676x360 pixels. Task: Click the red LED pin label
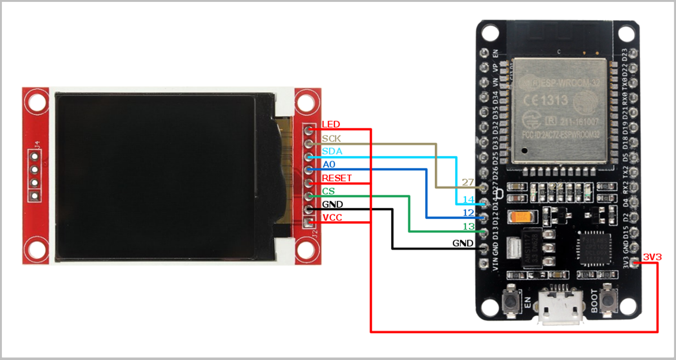(330, 124)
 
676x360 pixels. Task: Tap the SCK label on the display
(332, 139)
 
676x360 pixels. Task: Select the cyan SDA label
(332, 152)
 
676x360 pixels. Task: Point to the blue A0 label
(329, 165)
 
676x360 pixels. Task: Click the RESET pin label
(336, 178)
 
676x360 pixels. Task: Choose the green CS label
(328, 191)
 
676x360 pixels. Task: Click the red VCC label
(332, 218)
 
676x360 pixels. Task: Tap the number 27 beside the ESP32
(468, 182)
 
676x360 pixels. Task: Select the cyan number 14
(468, 199)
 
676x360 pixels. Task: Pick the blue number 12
(468, 213)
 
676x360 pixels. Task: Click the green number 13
(468, 227)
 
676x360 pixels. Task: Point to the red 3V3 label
(652, 257)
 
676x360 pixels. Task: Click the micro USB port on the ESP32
(562, 309)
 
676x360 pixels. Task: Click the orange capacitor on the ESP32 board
(521, 217)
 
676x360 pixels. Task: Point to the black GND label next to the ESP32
(463, 243)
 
